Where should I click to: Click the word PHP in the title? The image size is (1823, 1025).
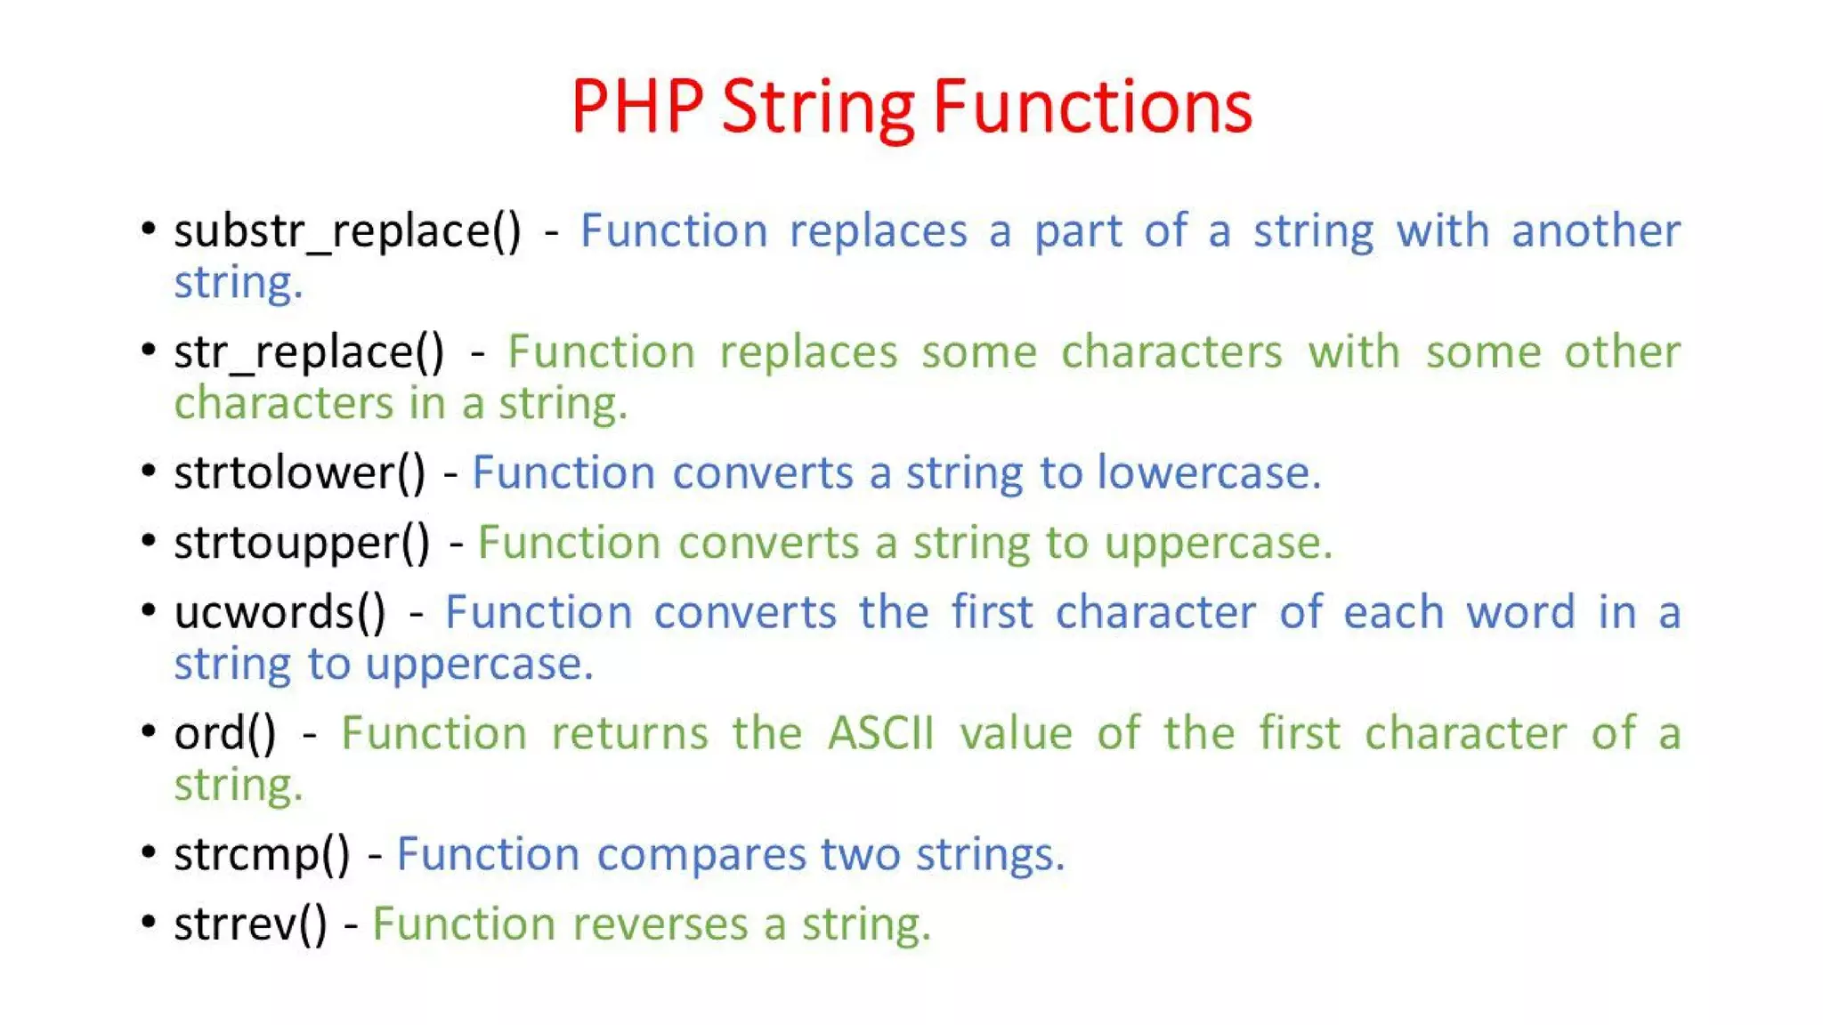click(636, 107)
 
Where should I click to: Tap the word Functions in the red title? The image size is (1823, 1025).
click(1092, 107)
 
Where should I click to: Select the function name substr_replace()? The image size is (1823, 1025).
click(347, 232)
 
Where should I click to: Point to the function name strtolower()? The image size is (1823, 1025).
click(300, 473)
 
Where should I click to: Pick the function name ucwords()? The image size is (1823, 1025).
click(280, 613)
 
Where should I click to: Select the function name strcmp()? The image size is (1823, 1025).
click(262, 855)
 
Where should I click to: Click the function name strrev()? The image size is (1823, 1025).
click(250, 924)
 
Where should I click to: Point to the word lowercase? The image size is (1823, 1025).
click(1208, 473)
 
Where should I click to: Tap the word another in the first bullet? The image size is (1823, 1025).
click(1595, 232)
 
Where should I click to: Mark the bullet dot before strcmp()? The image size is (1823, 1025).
click(149, 852)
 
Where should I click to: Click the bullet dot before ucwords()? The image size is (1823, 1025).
click(149, 610)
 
